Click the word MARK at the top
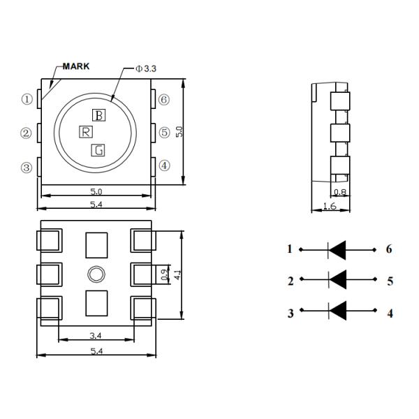76,66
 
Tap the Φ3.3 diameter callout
146,69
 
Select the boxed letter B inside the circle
99,115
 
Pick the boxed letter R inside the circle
86,132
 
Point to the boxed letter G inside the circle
98,150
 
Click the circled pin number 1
27,99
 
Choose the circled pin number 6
164,100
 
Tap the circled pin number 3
27,168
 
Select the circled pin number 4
164,166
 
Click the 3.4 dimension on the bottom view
96,336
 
